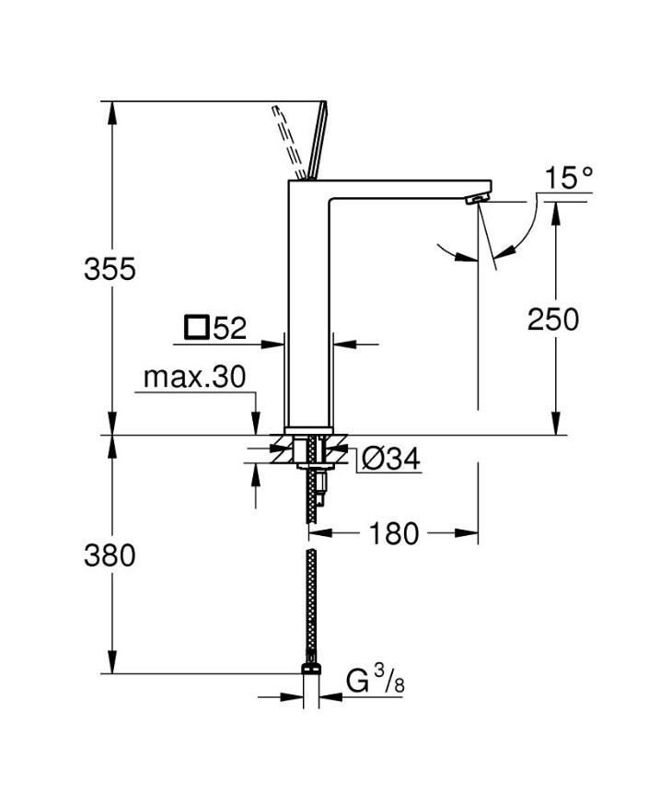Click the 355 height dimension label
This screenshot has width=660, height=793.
110,269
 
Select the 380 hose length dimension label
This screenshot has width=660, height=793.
110,555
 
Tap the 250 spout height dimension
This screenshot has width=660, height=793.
553,319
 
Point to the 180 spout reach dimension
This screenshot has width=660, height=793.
396,532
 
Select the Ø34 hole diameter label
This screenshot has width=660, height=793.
391,458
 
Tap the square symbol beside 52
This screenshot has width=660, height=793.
196,326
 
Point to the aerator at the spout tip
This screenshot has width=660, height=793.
477,199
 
